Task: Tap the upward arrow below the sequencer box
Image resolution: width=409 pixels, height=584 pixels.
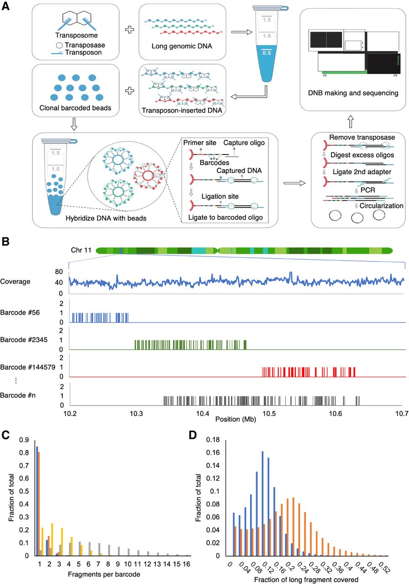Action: pos(350,121)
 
